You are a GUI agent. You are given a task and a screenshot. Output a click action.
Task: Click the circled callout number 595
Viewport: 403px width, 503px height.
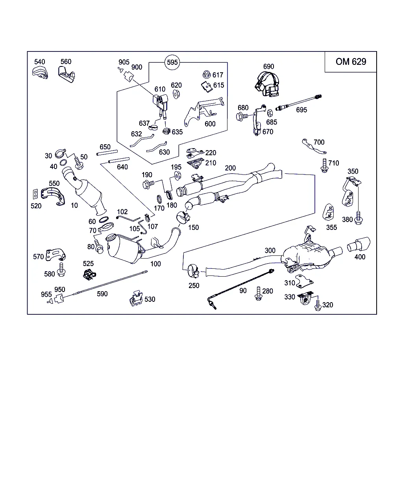coord(172,62)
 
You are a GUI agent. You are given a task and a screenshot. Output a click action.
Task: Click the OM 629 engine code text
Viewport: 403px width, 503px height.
coord(351,62)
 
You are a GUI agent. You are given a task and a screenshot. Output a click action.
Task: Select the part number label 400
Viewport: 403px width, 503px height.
coord(360,257)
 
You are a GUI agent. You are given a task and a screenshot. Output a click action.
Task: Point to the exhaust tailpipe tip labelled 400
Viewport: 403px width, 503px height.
coord(359,245)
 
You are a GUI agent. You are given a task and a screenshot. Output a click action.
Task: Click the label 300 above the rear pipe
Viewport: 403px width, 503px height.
coord(270,250)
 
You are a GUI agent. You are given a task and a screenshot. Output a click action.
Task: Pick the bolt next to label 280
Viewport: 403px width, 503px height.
coord(259,294)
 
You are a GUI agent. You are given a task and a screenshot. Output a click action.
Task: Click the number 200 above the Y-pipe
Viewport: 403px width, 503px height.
coord(230,168)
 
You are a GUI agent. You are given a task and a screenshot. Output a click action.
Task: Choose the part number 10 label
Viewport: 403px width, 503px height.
coord(74,205)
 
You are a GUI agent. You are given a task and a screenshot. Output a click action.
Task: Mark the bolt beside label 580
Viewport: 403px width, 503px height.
coord(61,269)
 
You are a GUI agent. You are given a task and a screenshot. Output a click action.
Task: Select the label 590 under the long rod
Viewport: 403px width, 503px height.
coord(102,294)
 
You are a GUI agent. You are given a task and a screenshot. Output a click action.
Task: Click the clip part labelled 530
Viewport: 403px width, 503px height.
coord(136,299)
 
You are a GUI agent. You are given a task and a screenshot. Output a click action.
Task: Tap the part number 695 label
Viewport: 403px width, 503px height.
coord(301,110)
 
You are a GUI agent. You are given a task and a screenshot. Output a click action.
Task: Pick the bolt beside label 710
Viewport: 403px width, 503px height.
coord(324,165)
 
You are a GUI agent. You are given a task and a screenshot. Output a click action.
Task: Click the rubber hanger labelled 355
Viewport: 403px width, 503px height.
coord(328,212)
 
